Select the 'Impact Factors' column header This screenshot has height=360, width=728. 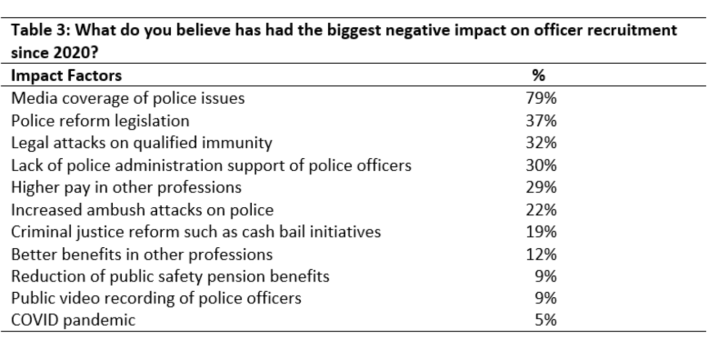(66, 76)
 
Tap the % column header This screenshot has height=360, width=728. (538, 76)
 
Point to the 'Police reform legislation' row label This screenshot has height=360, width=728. (100, 121)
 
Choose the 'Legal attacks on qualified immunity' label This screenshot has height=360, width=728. (142, 143)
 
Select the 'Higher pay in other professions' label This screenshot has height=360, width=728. (126, 188)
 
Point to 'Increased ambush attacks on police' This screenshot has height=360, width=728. (142, 210)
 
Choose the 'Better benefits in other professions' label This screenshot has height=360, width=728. (142, 254)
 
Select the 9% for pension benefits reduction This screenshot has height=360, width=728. (545, 277)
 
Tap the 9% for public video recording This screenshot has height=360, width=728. (545, 298)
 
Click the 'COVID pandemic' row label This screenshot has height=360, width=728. (73, 321)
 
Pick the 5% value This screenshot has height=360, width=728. (545, 321)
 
